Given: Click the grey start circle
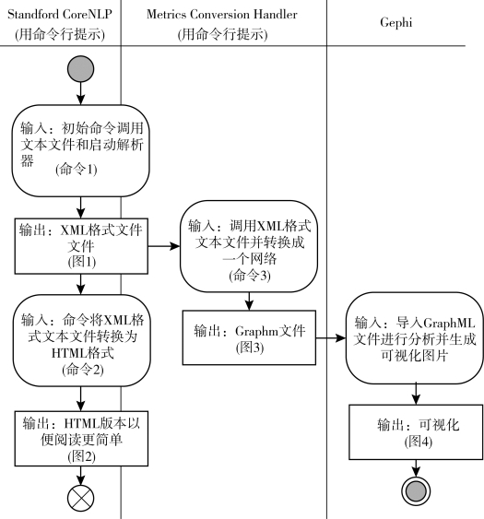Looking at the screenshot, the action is (x=80, y=69).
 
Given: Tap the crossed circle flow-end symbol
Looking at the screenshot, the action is (x=80, y=498).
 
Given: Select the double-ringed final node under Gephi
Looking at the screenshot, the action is (x=416, y=491).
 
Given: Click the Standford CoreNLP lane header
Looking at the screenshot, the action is (x=60, y=24).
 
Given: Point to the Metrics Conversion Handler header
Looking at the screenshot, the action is (x=222, y=24).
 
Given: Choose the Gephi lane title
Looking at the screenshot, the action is (x=395, y=22).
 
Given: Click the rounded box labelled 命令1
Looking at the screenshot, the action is (x=80, y=151).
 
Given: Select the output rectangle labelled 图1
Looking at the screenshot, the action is (x=81, y=246).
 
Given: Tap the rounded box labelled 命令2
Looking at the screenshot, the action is (x=82, y=340).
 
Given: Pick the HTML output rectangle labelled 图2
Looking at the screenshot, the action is (x=81, y=439).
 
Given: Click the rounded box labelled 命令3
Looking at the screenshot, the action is (x=249, y=246).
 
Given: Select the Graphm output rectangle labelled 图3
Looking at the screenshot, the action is (x=249, y=337).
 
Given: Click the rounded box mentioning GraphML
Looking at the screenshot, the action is (x=415, y=338).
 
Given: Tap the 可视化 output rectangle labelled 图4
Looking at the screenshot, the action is (x=416, y=432).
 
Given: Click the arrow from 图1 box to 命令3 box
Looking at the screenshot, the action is (x=164, y=246).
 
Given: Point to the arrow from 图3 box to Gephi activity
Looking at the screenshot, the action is (x=331, y=338).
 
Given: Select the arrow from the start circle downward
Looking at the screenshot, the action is (x=80, y=93).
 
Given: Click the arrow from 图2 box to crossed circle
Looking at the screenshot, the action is (x=80, y=476).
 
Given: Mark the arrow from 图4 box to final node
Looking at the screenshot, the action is (x=416, y=468).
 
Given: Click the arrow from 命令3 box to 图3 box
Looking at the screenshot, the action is (x=249, y=301).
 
